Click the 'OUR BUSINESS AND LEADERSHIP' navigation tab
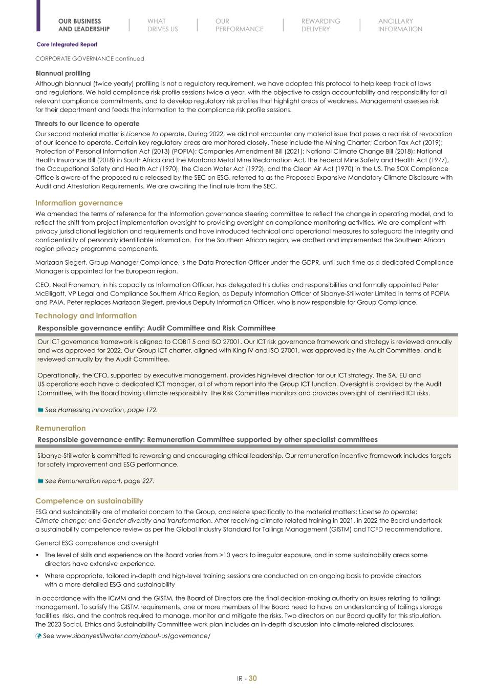pyautogui.click(x=83, y=25)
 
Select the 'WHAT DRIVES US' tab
pyautogui.click(x=162, y=25)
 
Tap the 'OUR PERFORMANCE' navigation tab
pyautogui.click(x=239, y=25)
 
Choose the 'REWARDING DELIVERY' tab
pyautogui.click(x=320, y=25)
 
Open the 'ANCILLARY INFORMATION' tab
pyautogui.click(x=400, y=25)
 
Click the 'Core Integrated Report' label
pyautogui.click(x=67, y=45)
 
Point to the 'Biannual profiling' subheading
pyautogui.click(x=62, y=73)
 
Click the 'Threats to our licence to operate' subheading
pyautogui.click(x=87, y=123)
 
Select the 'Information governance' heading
pyautogui.click(x=79, y=203)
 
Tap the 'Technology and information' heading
pyautogui.click(x=85, y=315)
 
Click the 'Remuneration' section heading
pyautogui.click(x=60, y=428)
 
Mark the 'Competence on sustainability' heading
pyautogui.click(x=89, y=501)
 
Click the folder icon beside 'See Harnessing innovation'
pyautogui.click(x=40, y=410)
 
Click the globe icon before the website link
pyautogui.click(x=38, y=636)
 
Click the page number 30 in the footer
pyautogui.click(x=252, y=679)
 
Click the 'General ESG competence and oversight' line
pyautogui.click(x=97, y=543)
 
